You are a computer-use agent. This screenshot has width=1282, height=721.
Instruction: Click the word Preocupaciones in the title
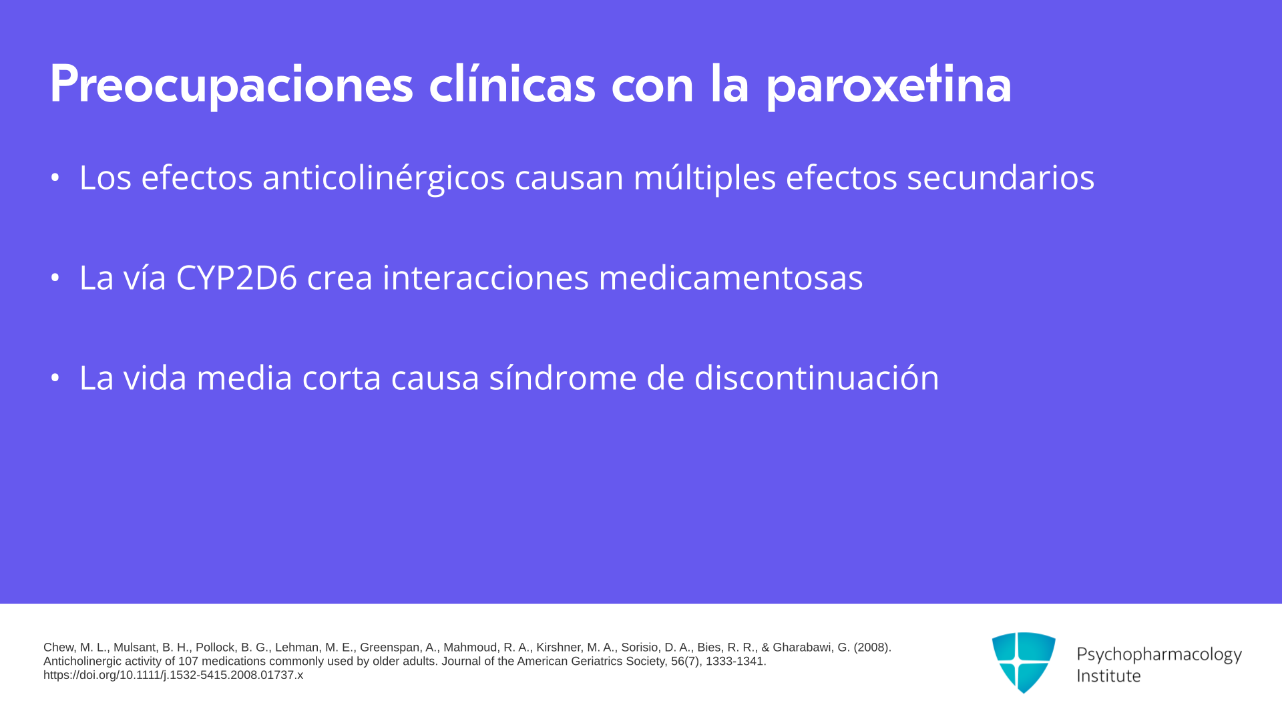[232, 85]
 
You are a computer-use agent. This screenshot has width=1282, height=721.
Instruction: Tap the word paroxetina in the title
[888, 85]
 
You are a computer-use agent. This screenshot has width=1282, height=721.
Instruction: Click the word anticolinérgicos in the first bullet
[383, 178]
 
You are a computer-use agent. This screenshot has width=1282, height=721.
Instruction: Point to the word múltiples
[704, 178]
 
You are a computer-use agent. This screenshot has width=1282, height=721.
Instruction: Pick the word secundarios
[1000, 178]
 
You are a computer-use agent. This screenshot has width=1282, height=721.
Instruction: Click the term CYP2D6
[236, 278]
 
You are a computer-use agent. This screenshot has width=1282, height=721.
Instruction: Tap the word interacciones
[485, 278]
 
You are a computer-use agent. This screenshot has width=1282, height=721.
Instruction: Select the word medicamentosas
[730, 278]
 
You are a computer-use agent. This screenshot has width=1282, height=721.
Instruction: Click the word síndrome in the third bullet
[563, 378]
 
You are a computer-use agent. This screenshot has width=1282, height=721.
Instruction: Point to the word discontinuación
[817, 378]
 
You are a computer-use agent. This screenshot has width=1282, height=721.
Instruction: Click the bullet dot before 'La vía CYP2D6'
[55, 278]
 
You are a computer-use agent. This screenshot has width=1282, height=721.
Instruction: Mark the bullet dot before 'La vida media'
[55, 378]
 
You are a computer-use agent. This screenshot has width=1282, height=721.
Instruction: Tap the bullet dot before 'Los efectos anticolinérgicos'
[55, 178]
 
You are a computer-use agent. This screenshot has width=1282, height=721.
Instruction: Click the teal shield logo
[1024, 663]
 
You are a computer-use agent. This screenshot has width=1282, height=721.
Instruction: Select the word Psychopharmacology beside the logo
[1159, 655]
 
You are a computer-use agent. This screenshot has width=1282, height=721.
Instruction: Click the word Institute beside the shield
[1108, 676]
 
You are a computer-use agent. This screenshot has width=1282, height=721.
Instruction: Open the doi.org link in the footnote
[173, 676]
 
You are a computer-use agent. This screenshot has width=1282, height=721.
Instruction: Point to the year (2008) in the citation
[873, 648]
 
